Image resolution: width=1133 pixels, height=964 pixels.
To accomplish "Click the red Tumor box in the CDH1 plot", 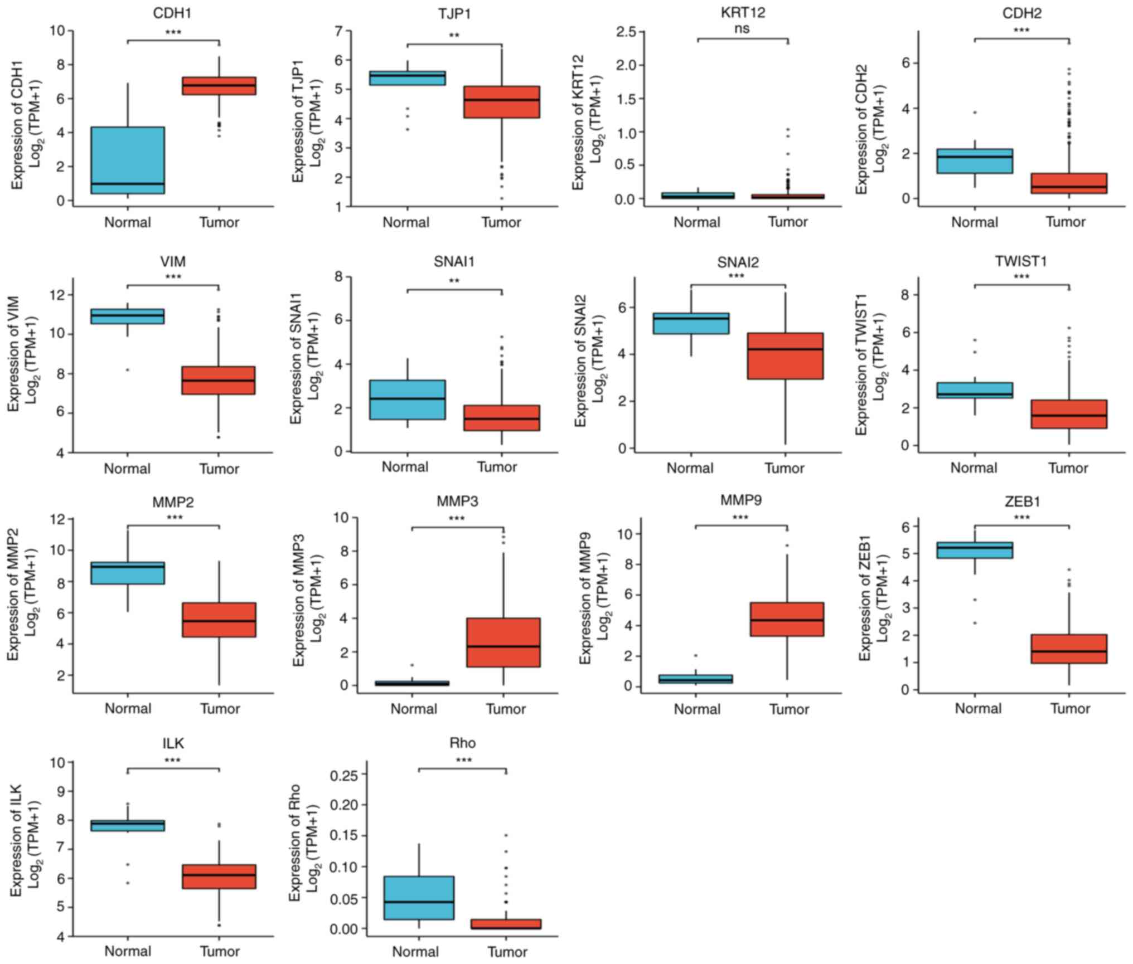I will (219, 86).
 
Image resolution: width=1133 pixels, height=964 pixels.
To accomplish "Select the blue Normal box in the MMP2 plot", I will (128, 573).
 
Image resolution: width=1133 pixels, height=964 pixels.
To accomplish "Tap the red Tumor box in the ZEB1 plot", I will (1069, 649).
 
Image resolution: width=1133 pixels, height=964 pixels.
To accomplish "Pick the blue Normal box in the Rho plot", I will (419, 898).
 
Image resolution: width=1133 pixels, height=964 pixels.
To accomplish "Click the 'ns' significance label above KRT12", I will (742, 28).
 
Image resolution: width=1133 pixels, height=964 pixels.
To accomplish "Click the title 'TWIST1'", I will (1021, 261).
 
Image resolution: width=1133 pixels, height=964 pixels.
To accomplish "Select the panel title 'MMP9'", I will (741, 500).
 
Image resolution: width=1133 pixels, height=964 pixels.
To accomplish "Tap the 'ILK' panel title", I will (173, 743).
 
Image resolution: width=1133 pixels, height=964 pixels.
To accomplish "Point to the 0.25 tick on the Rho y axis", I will (346, 774).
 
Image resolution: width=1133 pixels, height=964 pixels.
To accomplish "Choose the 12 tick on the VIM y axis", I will (57, 295).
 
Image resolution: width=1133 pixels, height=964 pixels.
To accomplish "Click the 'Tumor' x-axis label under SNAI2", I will (784, 468).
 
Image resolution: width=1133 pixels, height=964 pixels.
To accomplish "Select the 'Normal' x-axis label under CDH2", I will (974, 222).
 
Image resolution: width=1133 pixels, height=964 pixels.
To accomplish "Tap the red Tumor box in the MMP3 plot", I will (503, 642).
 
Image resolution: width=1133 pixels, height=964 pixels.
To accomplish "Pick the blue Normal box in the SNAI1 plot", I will (408, 400).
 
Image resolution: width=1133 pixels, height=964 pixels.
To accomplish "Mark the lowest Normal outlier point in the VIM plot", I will (128, 369).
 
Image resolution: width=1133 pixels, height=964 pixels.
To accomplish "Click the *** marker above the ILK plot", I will (173, 761).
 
